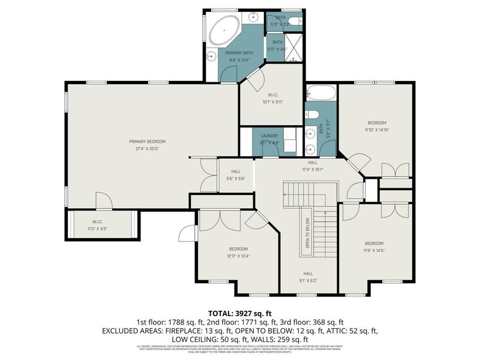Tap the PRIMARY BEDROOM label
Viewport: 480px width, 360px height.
[147, 142]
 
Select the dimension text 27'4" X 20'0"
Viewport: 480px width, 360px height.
[147, 148]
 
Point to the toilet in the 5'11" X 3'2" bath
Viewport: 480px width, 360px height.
[293, 21]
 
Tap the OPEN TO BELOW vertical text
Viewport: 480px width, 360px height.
[307, 232]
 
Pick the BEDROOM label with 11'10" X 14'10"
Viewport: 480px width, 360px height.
[377, 123]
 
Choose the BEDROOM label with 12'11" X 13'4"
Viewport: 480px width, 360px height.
[238, 249]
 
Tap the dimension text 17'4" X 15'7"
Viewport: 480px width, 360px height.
[313, 169]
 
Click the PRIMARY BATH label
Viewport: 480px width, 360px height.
[239, 53]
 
